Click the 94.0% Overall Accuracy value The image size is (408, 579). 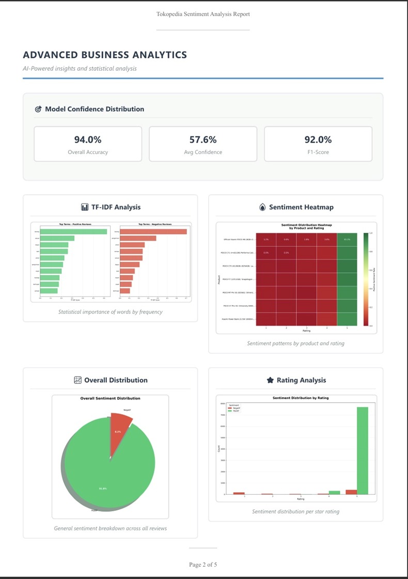[88, 139]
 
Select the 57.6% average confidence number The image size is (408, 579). [203, 139]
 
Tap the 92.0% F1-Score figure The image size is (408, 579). [318, 139]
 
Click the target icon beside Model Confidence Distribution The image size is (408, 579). [38, 109]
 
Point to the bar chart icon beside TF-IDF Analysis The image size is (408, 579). [85, 207]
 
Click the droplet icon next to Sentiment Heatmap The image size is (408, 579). [262, 207]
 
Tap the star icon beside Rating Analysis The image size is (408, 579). [270, 380]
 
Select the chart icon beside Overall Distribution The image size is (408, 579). [78, 380]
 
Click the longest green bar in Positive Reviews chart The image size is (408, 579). [73, 231]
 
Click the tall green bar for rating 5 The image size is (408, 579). [363, 450]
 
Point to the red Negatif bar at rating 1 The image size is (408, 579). [239, 493]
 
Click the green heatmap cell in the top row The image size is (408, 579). [347, 240]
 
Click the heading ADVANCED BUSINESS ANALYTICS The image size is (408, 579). [105, 55]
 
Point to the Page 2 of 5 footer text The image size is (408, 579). [203, 565]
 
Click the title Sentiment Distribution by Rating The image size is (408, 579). [301, 398]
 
